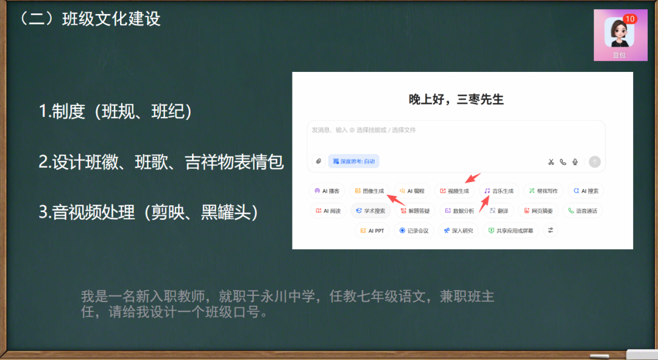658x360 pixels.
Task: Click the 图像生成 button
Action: tap(369, 191)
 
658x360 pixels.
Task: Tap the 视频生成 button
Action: tap(455, 191)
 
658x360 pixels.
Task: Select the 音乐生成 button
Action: tap(499, 191)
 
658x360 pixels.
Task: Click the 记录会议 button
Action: tap(414, 231)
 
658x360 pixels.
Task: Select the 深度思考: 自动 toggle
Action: tap(354, 161)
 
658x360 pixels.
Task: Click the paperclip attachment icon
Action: tap(317, 161)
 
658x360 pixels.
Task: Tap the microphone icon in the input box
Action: tap(575, 161)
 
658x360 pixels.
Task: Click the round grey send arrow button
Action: tap(595, 161)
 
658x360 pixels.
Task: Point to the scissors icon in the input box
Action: tap(551, 161)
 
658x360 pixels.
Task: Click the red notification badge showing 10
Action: tap(629, 19)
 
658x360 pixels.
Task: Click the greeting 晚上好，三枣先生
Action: tap(456, 99)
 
